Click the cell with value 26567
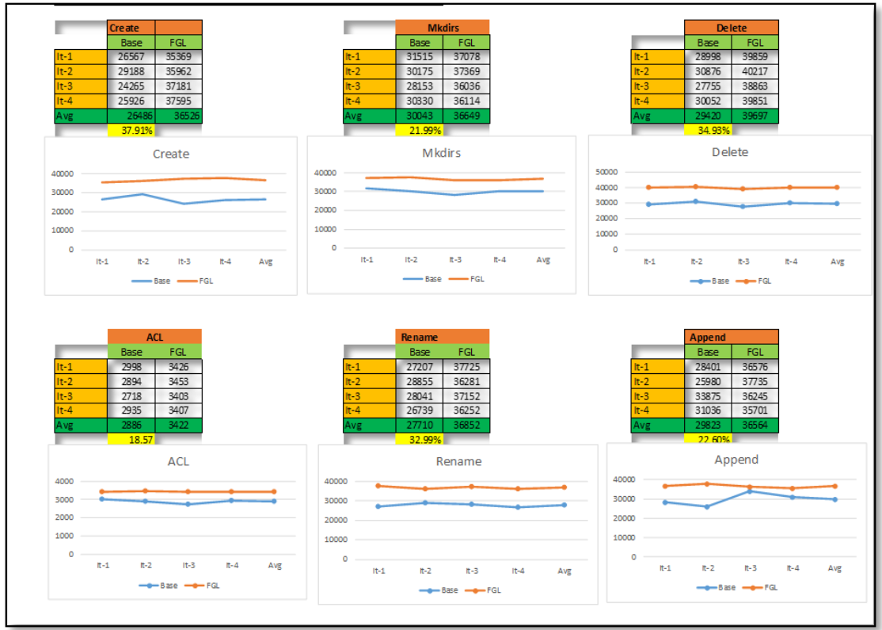(131, 56)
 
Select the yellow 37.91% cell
(131, 130)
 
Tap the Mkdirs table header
(442, 27)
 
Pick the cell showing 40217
(755, 71)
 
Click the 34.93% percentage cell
(708, 130)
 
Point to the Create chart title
(170, 154)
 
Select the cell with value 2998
(131, 366)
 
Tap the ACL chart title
(178, 461)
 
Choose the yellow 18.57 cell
(131, 439)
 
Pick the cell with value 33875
(708, 395)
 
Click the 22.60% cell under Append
(708, 439)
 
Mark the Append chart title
(736, 460)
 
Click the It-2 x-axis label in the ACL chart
(146, 565)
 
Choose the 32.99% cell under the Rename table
(420, 439)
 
